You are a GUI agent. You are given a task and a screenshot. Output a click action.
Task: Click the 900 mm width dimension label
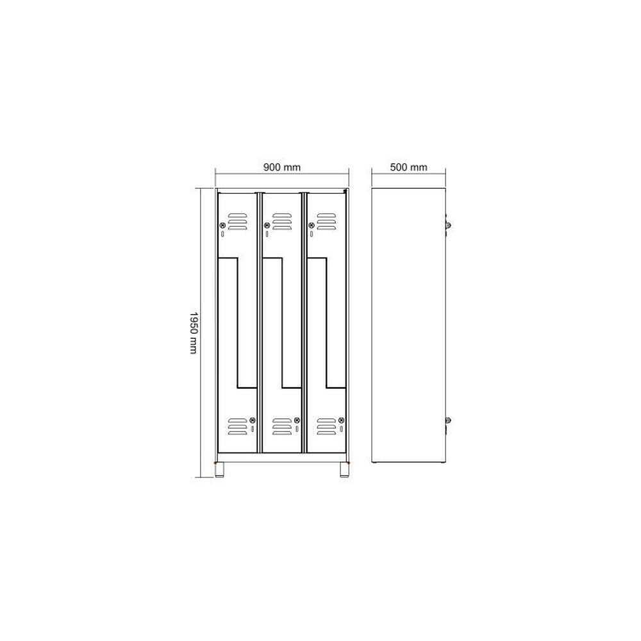(282, 167)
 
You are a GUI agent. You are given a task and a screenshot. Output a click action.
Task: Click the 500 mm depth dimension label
(408, 167)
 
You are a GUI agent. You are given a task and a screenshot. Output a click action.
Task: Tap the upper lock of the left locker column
(222, 224)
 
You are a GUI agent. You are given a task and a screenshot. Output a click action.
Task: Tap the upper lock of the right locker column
(311, 224)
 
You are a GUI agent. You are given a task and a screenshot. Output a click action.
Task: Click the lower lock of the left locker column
(253, 420)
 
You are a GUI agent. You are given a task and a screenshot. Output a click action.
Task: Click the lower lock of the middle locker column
(297, 420)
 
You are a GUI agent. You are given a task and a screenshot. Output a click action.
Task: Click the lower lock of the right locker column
(341, 420)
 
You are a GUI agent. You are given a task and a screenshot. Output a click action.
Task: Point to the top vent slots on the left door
(237, 221)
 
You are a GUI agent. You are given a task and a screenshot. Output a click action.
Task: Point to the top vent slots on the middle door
(281, 221)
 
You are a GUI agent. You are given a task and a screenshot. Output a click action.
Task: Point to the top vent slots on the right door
(326, 221)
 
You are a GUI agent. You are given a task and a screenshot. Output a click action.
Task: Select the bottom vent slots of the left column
(237, 426)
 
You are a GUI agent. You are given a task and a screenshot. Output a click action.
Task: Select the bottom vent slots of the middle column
(281, 426)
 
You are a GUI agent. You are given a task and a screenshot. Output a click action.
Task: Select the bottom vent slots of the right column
(326, 426)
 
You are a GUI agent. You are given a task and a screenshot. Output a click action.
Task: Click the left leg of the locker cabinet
(221, 470)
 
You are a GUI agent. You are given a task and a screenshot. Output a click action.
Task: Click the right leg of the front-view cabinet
(343, 470)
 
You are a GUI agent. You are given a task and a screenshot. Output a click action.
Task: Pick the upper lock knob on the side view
(448, 224)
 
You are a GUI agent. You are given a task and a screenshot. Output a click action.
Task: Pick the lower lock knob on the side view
(448, 420)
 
